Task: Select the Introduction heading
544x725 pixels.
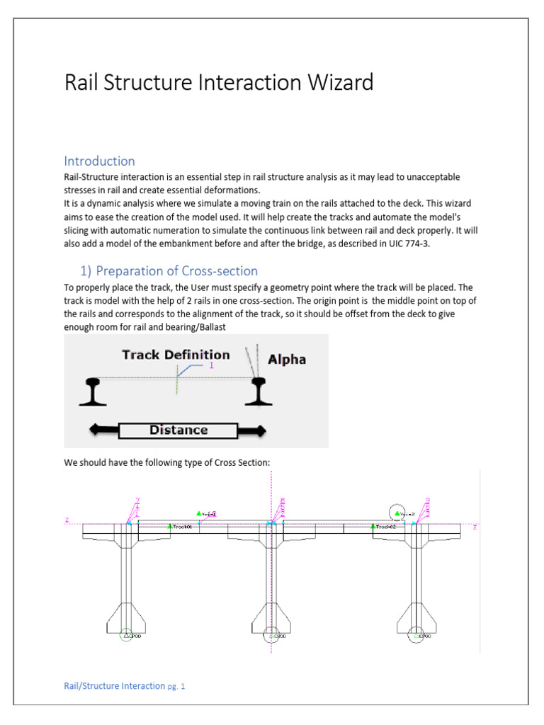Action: point(99,161)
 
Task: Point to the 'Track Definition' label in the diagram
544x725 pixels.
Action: point(176,355)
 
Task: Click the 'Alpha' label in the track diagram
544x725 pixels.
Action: point(287,359)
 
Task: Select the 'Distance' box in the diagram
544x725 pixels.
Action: point(178,430)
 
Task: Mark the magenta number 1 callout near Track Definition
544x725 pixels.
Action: point(210,365)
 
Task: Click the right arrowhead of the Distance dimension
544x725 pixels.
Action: point(259,430)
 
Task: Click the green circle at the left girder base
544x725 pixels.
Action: point(125,636)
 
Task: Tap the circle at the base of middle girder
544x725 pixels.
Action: point(271,636)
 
